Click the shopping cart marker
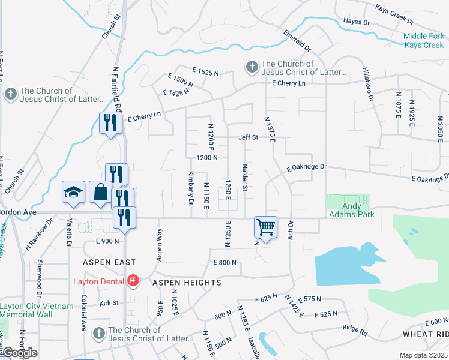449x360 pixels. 265,227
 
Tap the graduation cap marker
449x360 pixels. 73,192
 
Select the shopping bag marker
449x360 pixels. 100,192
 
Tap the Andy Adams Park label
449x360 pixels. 351,209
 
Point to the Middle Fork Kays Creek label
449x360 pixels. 424,40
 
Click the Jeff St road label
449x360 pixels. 248,137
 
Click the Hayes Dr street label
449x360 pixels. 357,22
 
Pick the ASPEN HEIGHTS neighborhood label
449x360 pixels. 187,282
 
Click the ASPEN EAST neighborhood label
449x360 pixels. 110,262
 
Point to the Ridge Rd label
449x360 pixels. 354,328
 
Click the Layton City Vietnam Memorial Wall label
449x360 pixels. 37,310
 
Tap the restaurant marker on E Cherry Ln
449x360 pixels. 110,124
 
